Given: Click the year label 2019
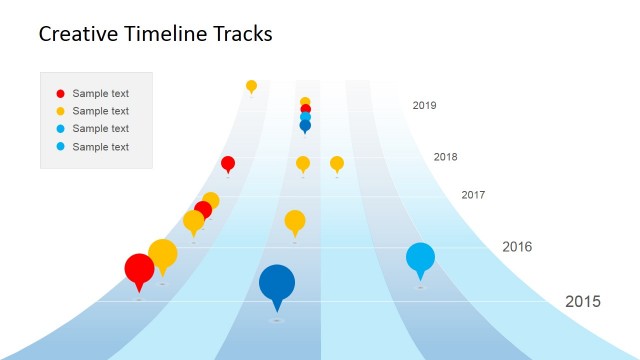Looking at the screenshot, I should (424, 105).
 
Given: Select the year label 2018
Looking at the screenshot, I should (446, 157).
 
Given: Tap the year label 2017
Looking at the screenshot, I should (473, 195).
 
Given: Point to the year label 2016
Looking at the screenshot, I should (517, 246).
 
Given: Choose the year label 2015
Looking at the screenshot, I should (583, 301).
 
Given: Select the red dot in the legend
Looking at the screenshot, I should (60, 93).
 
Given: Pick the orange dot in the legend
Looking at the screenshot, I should (60, 111).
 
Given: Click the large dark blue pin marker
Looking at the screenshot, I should (277, 283).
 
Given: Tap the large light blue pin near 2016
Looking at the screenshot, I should (421, 258).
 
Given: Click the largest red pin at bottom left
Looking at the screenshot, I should (139, 269).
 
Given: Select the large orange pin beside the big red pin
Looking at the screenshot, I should (162, 254).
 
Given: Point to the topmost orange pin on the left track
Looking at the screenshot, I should (251, 86).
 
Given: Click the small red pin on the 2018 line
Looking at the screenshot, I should (228, 163).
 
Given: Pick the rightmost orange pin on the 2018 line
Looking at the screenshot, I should (337, 162).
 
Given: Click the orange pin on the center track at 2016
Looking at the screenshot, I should (294, 220).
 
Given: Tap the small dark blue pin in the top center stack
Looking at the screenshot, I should (305, 126).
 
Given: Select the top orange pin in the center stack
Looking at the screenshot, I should (305, 102).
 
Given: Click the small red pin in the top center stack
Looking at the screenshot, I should (305, 110).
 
